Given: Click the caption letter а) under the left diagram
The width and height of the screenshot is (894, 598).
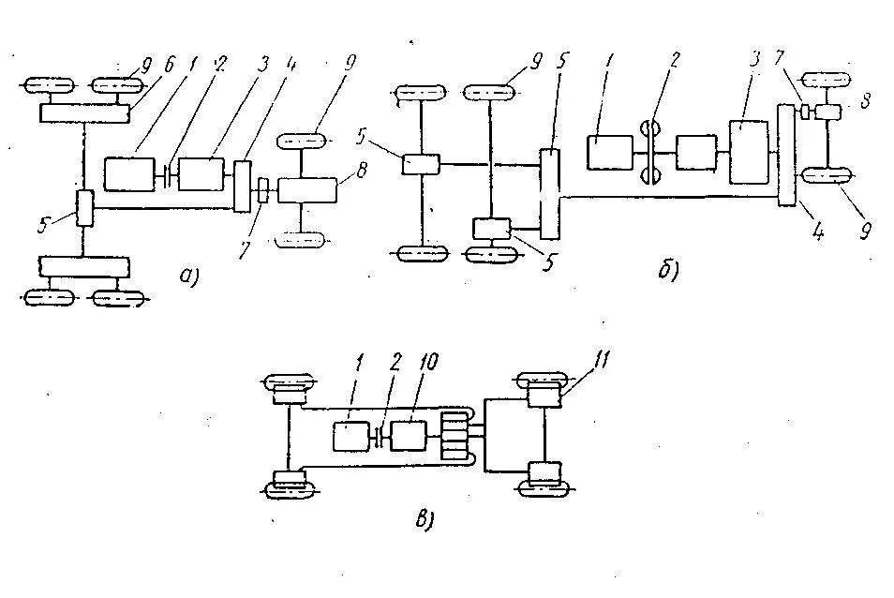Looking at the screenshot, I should (189, 275).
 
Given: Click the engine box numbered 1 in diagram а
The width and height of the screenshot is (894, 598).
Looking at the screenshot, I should (132, 173).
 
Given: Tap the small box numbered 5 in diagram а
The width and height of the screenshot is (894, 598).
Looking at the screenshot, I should (85, 206).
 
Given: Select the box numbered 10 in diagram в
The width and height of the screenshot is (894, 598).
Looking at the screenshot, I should (410, 436).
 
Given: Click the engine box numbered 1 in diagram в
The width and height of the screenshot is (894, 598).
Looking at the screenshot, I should (351, 437).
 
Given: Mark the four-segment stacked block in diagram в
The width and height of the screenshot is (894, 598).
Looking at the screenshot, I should (457, 437).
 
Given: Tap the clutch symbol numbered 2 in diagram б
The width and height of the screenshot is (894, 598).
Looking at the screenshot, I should (647, 151).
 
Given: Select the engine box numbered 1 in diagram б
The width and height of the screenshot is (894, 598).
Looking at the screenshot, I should (610, 152).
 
